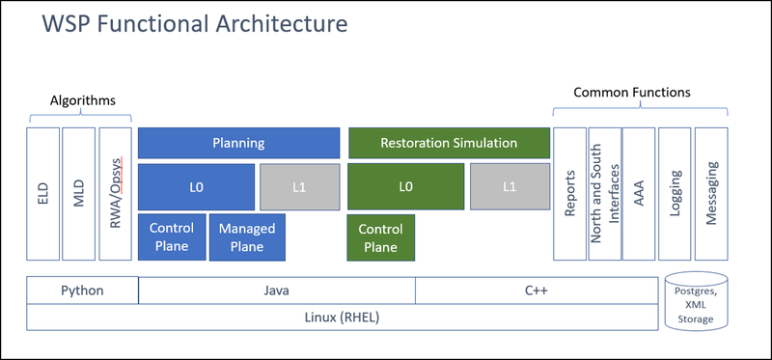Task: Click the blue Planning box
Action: (x=238, y=143)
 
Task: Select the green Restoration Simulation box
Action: (x=448, y=143)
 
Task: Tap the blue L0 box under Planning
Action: (x=196, y=186)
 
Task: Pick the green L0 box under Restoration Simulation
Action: (x=404, y=186)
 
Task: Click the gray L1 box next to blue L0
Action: (x=299, y=186)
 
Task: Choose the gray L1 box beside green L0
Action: (x=509, y=186)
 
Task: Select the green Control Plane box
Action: (x=380, y=237)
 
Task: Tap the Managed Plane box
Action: (x=247, y=237)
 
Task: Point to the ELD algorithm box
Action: (x=42, y=193)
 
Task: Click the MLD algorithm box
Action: (x=78, y=193)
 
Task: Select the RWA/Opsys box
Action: (x=115, y=193)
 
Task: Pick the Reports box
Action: (x=569, y=193)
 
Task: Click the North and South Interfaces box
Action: (x=604, y=193)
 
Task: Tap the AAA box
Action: (x=638, y=193)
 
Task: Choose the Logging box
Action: (x=675, y=193)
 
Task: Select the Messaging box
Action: (x=711, y=193)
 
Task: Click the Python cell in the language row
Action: (x=82, y=290)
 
